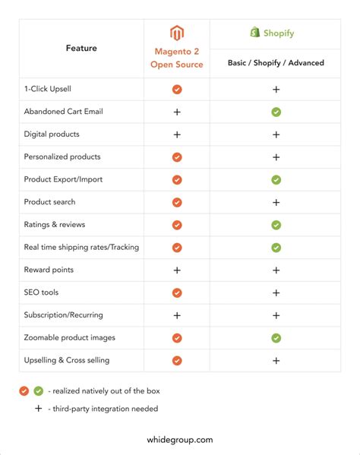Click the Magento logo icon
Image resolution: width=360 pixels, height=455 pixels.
tap(177, 34)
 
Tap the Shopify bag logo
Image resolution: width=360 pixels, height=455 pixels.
tap(254, 33)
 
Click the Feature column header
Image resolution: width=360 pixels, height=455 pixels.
tap(81, 48)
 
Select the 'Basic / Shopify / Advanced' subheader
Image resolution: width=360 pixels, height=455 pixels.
tap(276, 63)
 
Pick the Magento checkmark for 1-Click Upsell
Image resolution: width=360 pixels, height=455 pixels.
tap(177, 89)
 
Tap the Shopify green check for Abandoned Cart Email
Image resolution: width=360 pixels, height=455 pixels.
tap(276, 112)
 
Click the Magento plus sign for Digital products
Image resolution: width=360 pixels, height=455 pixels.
tap(177, 134)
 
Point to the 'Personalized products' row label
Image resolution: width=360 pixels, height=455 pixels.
tap(62, 156)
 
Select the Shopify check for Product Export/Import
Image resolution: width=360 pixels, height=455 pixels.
tap(276, 180)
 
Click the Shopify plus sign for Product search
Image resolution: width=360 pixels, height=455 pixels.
tap(276, 203)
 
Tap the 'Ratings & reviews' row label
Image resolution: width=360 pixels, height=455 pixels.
tap(55, 225)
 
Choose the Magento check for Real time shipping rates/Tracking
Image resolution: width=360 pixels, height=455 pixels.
tap(177, 248)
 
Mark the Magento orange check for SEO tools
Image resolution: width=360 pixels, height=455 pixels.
tap(177, 292)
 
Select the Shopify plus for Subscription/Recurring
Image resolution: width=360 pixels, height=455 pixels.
tap(276, 315)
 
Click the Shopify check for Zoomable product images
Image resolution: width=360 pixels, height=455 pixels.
tap(276, 338)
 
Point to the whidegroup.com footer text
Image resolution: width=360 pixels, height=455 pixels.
tap(179, 439)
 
